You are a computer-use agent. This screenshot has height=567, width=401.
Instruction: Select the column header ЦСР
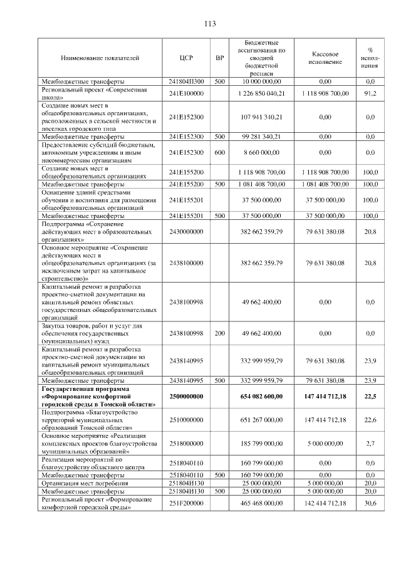(x=185, y=58)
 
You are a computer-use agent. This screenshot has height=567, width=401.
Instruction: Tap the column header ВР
(x=219, y=58)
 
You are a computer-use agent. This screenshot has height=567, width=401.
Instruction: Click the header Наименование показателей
(x=100, y=58)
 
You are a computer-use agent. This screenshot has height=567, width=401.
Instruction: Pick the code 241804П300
(x=186, y=81)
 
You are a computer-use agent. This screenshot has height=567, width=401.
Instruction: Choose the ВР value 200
(x=219, y=333)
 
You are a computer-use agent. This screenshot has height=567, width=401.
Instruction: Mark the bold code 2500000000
(x=186, y=397)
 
